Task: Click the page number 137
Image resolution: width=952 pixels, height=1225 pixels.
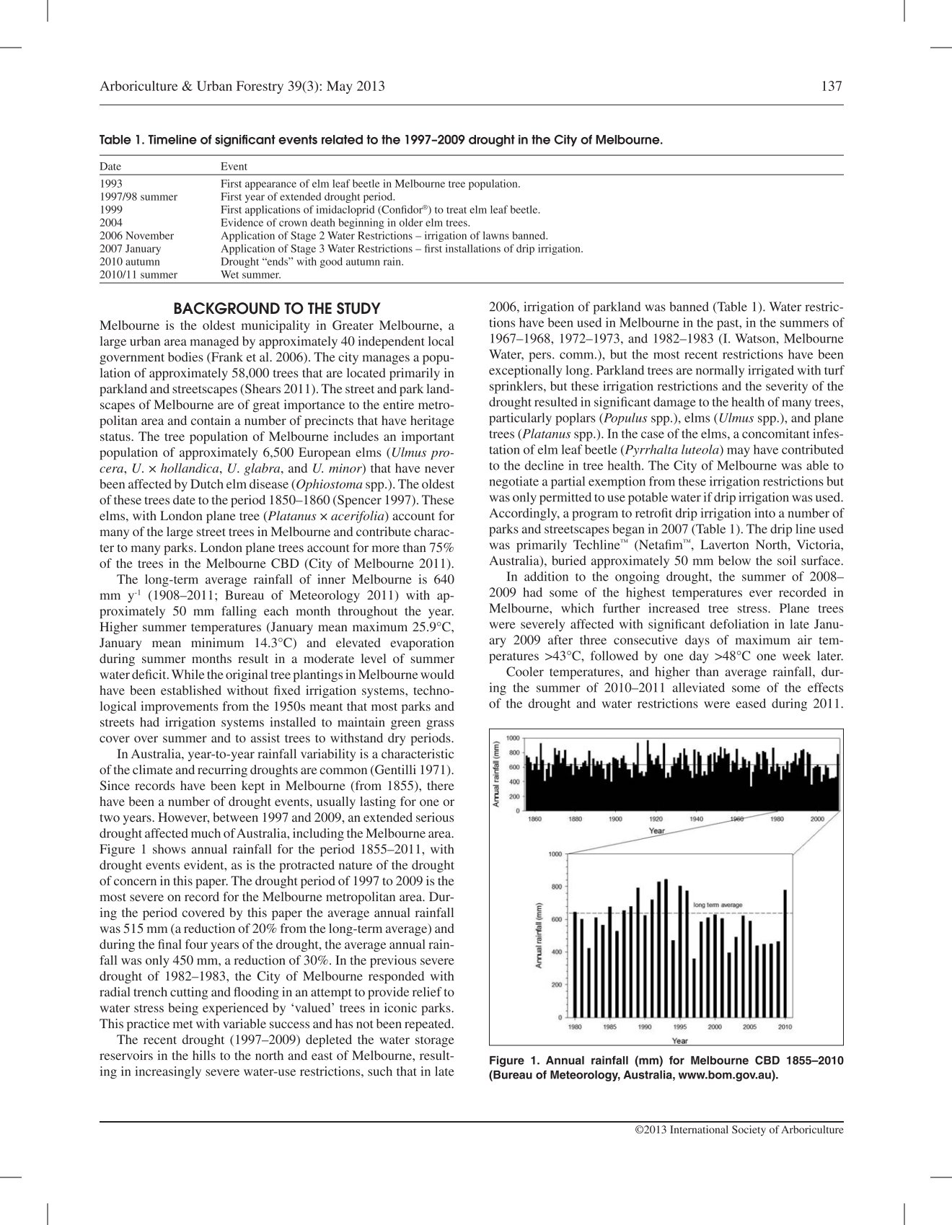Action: pyautogui.click(x=832, y=87)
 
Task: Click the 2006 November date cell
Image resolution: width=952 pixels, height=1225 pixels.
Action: pyautogui.click(x=137, y=236)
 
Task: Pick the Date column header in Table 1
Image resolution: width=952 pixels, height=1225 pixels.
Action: pyautogui.click(x=110, y=167)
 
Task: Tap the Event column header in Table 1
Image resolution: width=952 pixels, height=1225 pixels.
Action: pyautogui.click(x=234, y=167)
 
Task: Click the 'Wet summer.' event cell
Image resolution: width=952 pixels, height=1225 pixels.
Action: pyautogui.click(x=250, y=275)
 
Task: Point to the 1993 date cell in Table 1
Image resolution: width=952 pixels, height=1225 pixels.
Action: pyautogui.click(x=111, y=184)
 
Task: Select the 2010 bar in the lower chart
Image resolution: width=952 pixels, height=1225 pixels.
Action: pyautogui.click(x=785, y=952)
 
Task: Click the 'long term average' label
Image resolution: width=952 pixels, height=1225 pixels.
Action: pyautogui.click(x=717, y=905)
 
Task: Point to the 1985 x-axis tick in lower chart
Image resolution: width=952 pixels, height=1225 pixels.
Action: pyautogui.click(x=610, y=1027)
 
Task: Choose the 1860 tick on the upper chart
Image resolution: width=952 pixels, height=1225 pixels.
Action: pyautogui.click(x=535, y=819)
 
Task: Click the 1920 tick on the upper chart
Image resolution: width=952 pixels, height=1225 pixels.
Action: pyautogui.click(x=656, y=819)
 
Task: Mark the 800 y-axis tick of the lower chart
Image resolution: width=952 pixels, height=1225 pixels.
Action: pyautogui.click(x=555, y=887)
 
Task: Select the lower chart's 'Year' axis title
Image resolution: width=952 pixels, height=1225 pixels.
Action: pyautogui.click(x=679, y=1040)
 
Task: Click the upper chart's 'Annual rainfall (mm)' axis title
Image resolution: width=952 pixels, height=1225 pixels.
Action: pyautogui.click(x=496, y=773)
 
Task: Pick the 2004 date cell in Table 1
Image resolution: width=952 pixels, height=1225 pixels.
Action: pyautogui.click(x=111, y=223)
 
